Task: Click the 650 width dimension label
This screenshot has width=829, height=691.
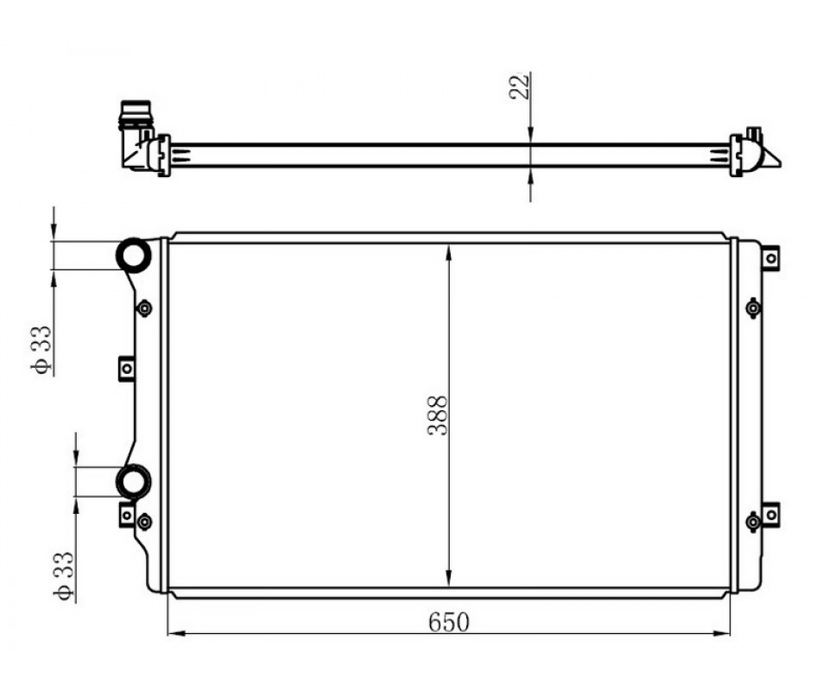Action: pyautogui.click(x=448, y=622)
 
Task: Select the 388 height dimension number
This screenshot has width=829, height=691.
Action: pyautogui.click(x=438, y=415)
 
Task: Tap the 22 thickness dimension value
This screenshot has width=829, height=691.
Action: pyautogui.click(x=520, y=86)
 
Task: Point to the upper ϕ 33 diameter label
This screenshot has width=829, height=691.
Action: pyautogui.click(x=41, y=350)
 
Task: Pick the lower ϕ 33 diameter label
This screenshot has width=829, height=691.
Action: pyautogui.click(x=63, y=576)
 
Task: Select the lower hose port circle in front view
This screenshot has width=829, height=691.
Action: pyautogui.click(x=133, y=482)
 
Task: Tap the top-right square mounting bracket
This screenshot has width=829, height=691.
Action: pyautogui.click(x=771, y=258)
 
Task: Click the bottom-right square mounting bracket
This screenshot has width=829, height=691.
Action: pyautogui.click(x=771, y=514)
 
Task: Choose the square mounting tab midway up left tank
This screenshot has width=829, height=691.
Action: pyautogui.click(x=126, y=368)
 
